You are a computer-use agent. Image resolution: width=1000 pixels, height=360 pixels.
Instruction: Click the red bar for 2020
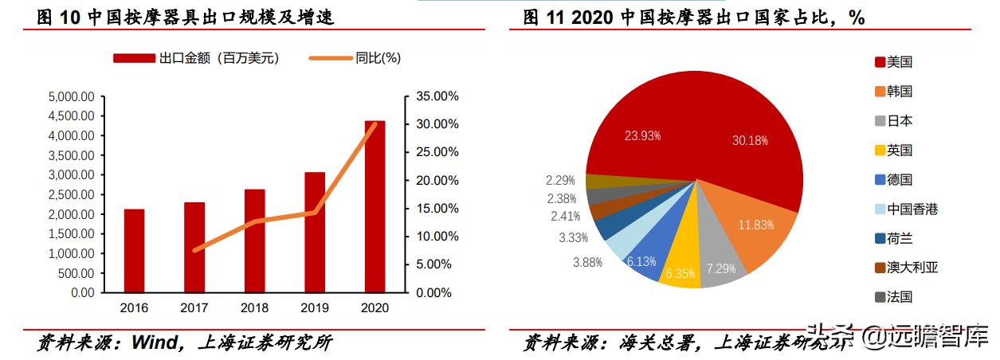[x=375, y=207]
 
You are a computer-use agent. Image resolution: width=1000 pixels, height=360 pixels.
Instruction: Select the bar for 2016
[x=134, y=251]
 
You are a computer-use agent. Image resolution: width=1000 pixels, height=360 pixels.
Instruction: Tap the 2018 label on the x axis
[x=254, y=307]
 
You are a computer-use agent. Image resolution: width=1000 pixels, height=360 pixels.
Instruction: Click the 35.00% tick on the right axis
[x=437, y=96]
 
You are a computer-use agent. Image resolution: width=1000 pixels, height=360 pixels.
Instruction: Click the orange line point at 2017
[x=194, y=250]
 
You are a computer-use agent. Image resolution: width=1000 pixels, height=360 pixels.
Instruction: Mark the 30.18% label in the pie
[x=750, y=141]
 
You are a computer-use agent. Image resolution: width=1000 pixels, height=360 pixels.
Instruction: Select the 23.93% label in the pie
[x=642, y=136]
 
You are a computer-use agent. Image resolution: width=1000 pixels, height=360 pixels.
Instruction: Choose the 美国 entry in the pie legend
[x=899, y=62]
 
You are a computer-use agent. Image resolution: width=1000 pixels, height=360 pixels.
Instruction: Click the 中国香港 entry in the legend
[x=912, y=209]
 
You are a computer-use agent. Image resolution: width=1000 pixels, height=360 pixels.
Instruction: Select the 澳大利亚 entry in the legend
[x=912, y=268]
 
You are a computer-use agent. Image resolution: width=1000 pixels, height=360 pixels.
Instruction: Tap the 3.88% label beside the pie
[x=587, y=263]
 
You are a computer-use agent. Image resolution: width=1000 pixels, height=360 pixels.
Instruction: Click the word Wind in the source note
[x=156, y=343]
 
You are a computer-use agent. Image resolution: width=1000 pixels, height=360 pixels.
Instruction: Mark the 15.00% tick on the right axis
[x=437, y=209]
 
